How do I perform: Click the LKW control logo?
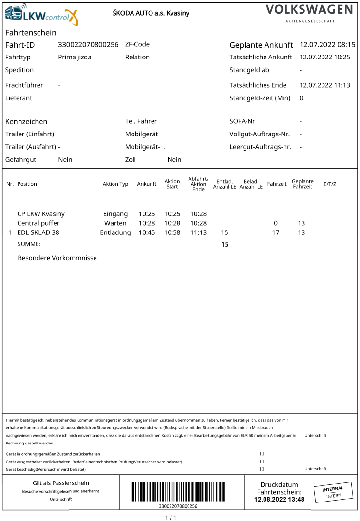pos(41,15)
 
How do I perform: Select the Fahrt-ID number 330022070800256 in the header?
pos(88,44)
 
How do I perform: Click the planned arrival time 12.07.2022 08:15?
pos(327,45)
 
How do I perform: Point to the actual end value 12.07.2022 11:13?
pos(325,85)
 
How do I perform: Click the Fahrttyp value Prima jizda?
pos(75,57)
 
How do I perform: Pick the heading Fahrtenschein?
pos(31,33)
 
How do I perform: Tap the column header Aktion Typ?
pos(115,184)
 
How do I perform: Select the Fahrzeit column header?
pos(277,184)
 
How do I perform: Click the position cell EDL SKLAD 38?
pos(38,232)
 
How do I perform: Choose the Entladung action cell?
pos(115,232)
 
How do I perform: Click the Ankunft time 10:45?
pos(147,232)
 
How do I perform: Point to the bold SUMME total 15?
pos(225,244)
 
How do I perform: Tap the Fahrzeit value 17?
pos(276,232)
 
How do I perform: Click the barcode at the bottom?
pos(179,492)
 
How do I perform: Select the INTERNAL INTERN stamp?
pos(333,492)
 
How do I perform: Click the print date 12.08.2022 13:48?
pos(279,499)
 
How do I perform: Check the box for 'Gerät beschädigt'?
pos(262,469)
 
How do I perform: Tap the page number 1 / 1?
pos(171,517)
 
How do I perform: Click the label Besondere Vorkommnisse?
pos(57,258)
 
